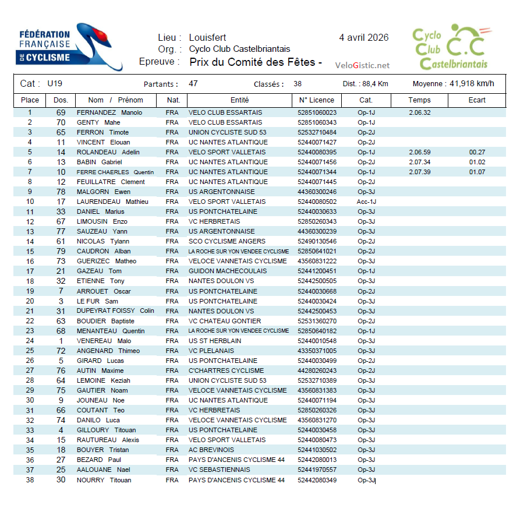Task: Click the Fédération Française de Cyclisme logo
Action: pyautogui.click(x=61, y=47)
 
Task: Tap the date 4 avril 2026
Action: pyautogui.click(x=364, y=38)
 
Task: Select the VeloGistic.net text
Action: pyautogui.click(x=362, y=65)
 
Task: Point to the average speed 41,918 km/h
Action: pyautogui.click(x=472, y=83)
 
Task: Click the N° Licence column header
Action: pyautogui.click(x=316, y=100)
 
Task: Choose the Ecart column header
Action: pyautogui.click(x=477, y=100)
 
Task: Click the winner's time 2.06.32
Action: pyautogui.click(x=419, y=113)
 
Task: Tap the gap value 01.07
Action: pyautogui.click(x=477, y=172)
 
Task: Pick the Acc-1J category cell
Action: pyautogui.click(x=366, y=202)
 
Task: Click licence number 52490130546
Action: pyautogui.click(x=317, y=242)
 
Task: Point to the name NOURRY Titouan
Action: pyautogui.click(x=104, y=480)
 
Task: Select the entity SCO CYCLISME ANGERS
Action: pyautogui.click(x=227, y=242)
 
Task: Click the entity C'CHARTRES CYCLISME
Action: pyautogui.click(x=227, y=371)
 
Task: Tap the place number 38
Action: pyautogui.click(x=30, y=480)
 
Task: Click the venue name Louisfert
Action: pyautogui.click(x=207, y=38)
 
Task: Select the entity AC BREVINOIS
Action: pyautogui.click(x=211, y=450)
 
